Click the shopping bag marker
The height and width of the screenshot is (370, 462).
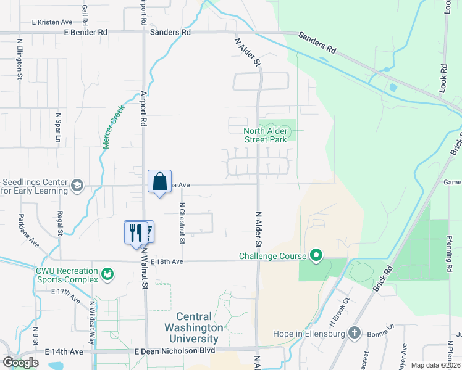tap(159, 182)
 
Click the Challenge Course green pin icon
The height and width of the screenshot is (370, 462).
tap(316, 255)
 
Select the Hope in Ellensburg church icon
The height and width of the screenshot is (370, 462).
tap(354, 334)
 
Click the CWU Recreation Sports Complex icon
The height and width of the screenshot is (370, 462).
tap(107, 273)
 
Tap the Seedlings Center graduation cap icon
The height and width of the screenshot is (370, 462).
tap(77, 186)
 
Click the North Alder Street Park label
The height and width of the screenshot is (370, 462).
tap(266, 135)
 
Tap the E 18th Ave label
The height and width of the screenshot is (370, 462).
tap(166, 261)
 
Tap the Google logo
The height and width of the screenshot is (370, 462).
tap(20, 362)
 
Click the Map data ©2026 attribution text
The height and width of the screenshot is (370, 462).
tap(435, 365)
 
